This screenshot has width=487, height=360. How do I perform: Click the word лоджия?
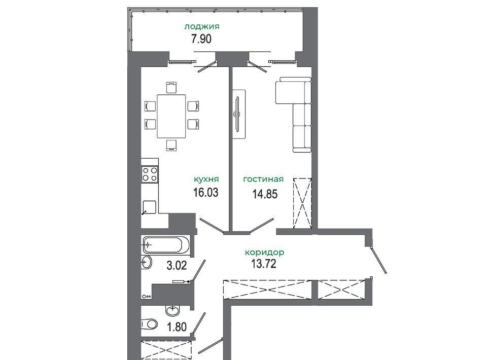(x=202, y=27)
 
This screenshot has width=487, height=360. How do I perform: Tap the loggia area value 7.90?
(x=201, y=39)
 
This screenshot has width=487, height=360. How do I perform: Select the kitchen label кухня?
(x=206, y=179)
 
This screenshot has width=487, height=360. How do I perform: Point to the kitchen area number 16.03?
(x=205, y=192)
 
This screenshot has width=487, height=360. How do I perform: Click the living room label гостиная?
(x=263, y=179)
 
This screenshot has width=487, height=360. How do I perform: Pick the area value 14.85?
(x=265, y=194)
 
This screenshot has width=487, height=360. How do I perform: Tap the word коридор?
(x=264, y=253)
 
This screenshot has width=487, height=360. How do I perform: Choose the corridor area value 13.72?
(x=263, y=264)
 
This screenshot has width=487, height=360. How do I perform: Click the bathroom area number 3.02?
(x=177, y=266)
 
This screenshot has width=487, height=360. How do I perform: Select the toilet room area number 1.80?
(x=177, y=327)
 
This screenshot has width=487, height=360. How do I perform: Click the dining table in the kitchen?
(x=171, y=116)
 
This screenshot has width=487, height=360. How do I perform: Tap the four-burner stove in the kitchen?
(x=150, y=174)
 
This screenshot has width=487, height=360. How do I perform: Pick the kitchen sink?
(x=149, y=207)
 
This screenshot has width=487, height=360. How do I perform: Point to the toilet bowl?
(x=149, y=325)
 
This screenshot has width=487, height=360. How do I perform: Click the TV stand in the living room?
(x=239, y=115)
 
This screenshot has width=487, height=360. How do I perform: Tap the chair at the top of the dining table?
(x=171, y=87)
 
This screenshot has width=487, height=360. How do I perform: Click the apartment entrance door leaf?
(x=379, y=260)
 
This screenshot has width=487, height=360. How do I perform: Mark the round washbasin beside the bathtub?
(x=147, y=263)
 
